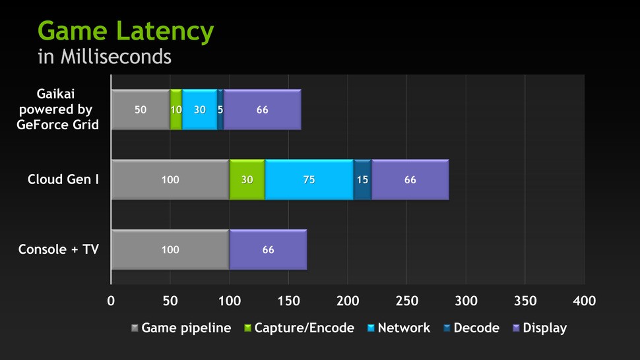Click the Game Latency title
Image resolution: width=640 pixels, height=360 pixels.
point(125,31)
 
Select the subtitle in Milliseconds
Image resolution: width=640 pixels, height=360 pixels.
point(104,57)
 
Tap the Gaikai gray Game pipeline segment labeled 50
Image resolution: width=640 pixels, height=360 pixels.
point(141,110)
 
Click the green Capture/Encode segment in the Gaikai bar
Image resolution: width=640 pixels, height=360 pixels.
point(176,110)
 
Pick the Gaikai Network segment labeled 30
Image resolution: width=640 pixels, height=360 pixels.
point(199,110)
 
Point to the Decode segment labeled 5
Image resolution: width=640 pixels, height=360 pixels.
point(220,110)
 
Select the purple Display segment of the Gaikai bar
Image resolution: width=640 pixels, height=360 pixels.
point(263,110)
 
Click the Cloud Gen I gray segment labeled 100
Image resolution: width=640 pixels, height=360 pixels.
point(170,179)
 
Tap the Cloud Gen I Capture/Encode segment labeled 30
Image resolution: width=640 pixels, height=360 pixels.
point(247,179)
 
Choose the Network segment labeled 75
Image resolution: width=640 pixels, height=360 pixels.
point(309,179)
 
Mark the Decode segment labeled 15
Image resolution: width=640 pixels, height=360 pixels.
point(362,179)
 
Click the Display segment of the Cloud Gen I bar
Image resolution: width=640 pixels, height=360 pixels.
point(410,179)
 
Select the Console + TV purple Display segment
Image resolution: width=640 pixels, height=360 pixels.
point(268,250)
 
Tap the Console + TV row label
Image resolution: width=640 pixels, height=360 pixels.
point(59,250)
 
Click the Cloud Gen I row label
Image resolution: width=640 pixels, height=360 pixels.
point(63,179)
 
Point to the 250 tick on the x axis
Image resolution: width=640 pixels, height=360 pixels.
point(406,301)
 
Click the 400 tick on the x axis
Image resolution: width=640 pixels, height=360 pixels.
point(584,301)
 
